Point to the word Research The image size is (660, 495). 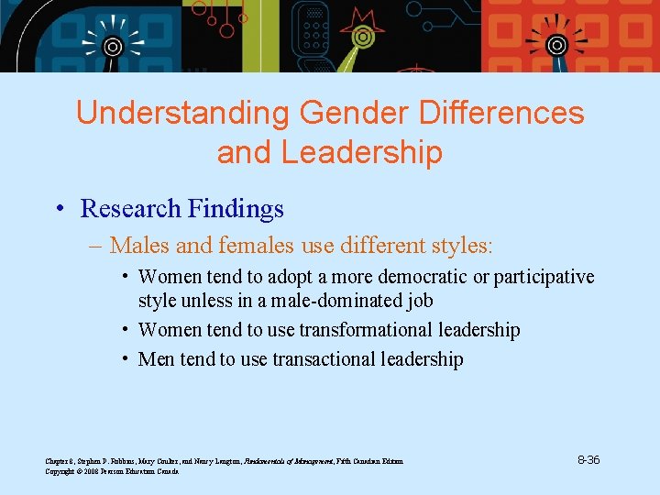click(x=130, y=209)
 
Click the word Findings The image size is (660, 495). click(x=236, y=209)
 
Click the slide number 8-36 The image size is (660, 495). click(x=588, y=459)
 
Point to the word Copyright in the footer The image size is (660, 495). click(x=60, y=471)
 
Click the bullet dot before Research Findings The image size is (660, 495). click(x=58, y=209)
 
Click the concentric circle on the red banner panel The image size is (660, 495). click(x=556, y=44)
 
